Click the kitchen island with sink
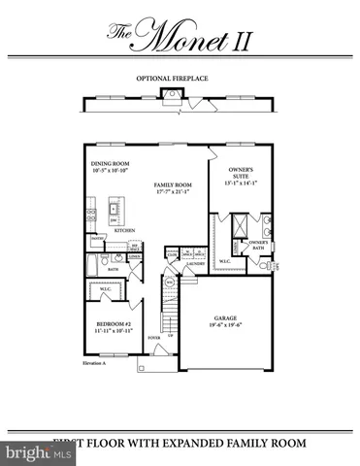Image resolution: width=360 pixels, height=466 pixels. coord(115,208)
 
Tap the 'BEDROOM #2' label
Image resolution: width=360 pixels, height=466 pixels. coord(112,323)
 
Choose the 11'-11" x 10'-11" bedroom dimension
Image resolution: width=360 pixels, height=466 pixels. coord(112,331)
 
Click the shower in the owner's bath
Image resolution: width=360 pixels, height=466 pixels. coord(235,226)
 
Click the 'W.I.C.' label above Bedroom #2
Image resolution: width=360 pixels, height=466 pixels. coord(107,288)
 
